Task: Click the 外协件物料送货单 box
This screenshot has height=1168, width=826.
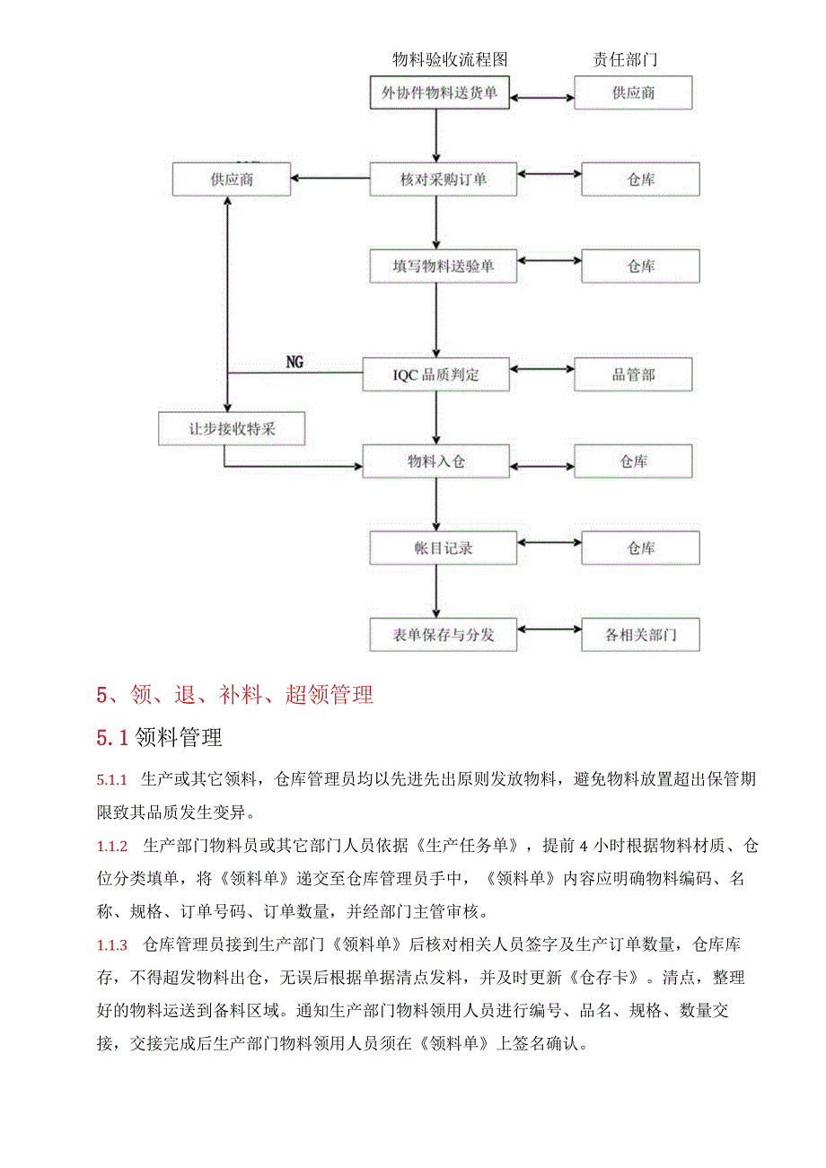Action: (440, 92)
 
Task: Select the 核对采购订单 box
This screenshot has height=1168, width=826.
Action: (444, 179)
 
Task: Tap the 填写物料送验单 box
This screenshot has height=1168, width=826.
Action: (444, 266)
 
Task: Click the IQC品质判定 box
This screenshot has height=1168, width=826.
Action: (435, 374)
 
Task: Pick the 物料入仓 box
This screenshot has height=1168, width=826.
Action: (435, 461)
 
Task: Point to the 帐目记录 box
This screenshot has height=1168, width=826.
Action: (444, 548)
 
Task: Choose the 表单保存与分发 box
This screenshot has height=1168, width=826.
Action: (444, 635)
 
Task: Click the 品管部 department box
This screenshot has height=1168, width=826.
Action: (633, 374)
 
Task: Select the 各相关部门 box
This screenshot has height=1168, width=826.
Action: (640, 635)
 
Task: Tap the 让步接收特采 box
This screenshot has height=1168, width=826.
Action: (232, 428)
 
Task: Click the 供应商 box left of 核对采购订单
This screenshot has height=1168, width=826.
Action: (232, 179)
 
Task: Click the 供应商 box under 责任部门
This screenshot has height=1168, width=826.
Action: (633, 92)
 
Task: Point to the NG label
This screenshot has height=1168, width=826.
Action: (294, 362)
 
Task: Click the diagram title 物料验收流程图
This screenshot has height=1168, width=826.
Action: (450, 60)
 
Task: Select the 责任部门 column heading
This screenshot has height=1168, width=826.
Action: (625, 60)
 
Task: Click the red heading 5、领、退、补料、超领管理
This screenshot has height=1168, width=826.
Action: (234, 694)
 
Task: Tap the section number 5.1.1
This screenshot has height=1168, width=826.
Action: (112, 779)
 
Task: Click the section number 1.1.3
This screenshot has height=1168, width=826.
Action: (112, 944)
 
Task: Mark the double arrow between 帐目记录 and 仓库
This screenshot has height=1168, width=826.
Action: (549, 542)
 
